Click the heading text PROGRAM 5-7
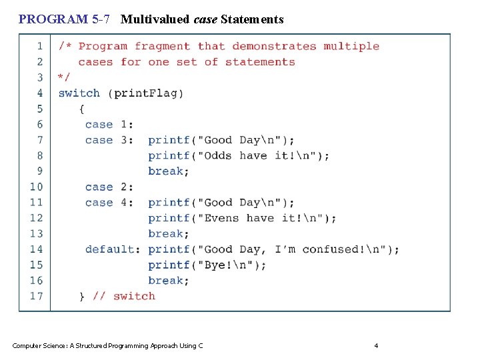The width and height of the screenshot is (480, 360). click(x=64, y=19)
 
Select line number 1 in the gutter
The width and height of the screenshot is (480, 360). click(x=40, y=46)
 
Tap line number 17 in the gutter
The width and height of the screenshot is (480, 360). click(x=36, y=296)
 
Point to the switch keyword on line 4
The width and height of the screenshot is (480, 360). click(x=79, y=93)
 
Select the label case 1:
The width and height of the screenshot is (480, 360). click(x=109, y=125)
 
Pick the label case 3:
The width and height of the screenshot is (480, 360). click(x=109, y=140)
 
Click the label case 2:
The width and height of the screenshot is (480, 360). click(x=109, y=187)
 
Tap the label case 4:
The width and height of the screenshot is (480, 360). click(x=109, y=203)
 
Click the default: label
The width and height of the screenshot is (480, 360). click(x=113, y=249)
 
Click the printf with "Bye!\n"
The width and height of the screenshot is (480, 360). click(x=169, y=265)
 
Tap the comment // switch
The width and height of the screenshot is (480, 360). click(x=124, y=296)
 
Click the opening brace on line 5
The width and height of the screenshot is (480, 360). click(x=82, y=109)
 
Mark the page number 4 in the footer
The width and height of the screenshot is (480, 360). click(x=376, y=345)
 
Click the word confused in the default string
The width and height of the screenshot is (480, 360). click(x=330, y=249)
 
